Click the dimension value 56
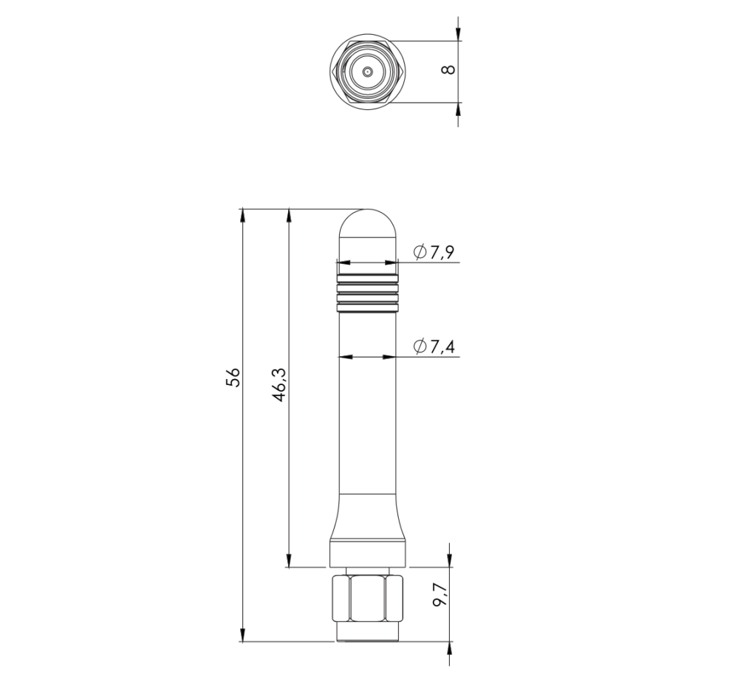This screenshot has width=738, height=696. click(x=233, y=377)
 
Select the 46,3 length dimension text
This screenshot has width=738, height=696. click(x=279, y=385)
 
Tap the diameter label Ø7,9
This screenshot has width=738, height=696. click(x=434, y=252)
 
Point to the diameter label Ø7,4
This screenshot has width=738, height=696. click(x=434, y=347)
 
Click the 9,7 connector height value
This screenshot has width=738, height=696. click(x=440, y=596)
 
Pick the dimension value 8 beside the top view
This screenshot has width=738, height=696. click(x=448, y=69)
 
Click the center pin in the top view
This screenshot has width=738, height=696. click(x=368, y=72)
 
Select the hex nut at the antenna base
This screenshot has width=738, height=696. click(x=368, y=597)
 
